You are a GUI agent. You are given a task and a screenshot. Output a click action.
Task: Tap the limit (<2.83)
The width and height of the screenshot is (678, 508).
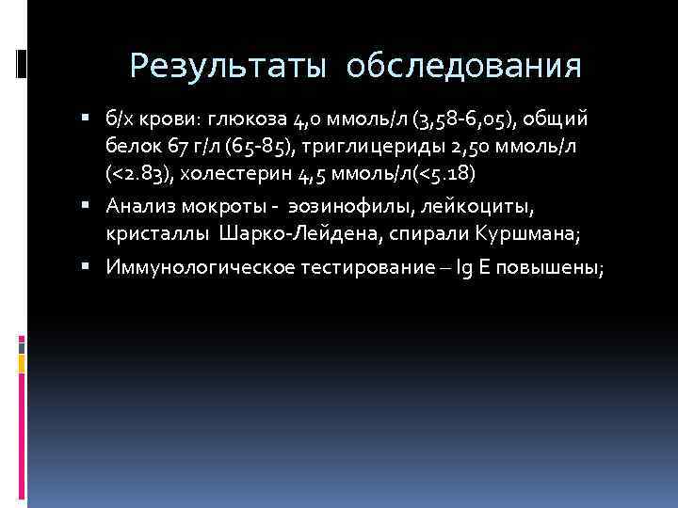[x=139, y=175]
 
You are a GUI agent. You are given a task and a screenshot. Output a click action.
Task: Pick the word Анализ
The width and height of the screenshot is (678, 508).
[x=138, y=205]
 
